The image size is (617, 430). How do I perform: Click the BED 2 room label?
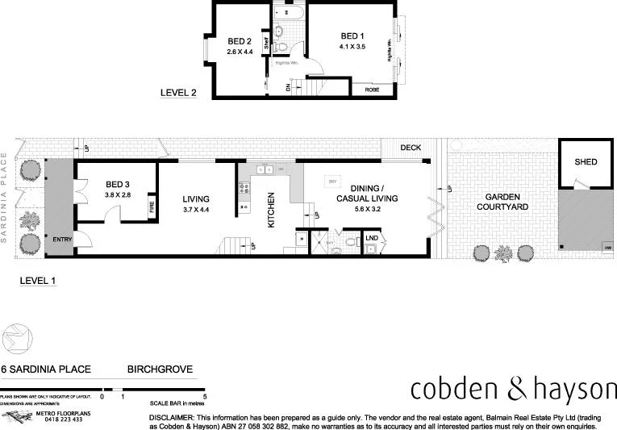click(x=240, y=41)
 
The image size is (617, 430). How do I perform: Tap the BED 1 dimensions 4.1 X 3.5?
click(x=352, y=48)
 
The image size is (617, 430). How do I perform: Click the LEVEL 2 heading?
click(x=179, y=93)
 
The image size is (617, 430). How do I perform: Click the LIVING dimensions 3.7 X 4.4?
click(x=196, y=210)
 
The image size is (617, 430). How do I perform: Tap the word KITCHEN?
click(x=272, y=210)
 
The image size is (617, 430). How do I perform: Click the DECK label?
click(x=411, y=148)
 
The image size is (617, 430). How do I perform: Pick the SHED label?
click(x=586, y=162)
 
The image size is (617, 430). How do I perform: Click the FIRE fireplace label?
click(x=151, y=207)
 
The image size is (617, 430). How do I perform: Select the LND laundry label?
click(x=371, y=238)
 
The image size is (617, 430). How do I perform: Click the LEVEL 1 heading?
click(x=37, y=281)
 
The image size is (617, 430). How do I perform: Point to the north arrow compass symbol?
click(x=17, y=336)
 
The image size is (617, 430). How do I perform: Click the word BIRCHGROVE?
click(x=160, y=369)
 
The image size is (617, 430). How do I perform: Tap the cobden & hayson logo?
click(x=513, y=390)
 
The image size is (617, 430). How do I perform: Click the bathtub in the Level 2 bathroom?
click(x=288, y=14)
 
